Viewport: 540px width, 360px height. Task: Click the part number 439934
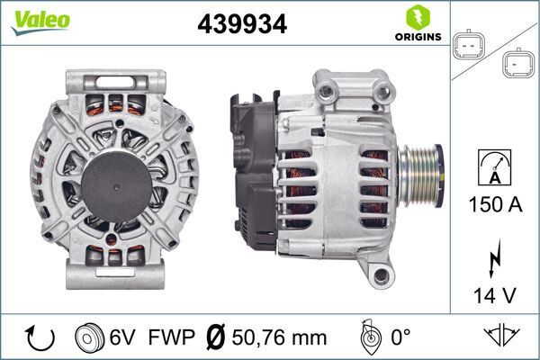click(242, 24)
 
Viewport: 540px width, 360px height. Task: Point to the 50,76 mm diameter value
click(280, 337)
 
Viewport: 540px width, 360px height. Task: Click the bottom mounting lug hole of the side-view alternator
click(382, 274)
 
